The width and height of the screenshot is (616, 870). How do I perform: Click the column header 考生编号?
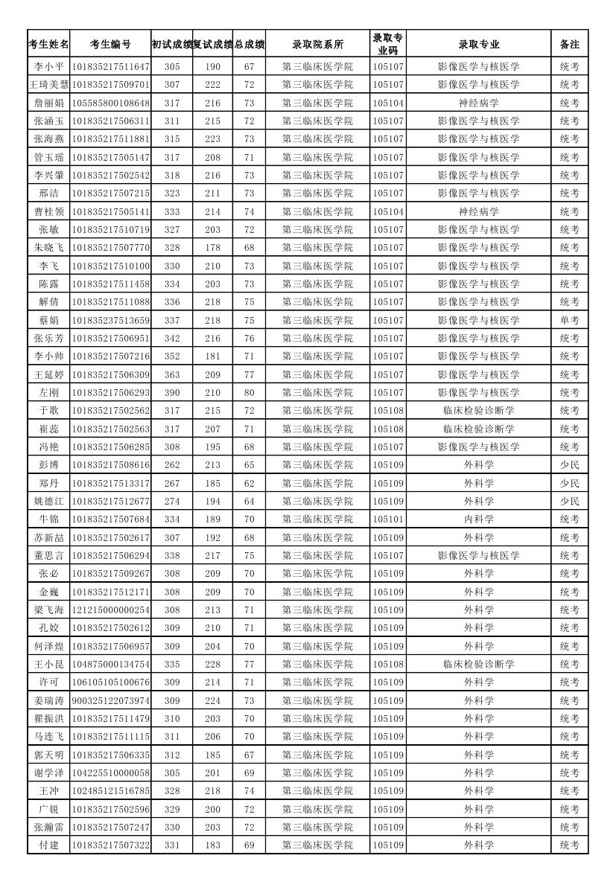pyautogui.click(x=110, y=44)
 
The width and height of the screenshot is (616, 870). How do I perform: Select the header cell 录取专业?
pyautogui.click(x=479, y=44)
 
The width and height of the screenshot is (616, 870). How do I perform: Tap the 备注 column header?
pyautogui.click(x=570, y=44)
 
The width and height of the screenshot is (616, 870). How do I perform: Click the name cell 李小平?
pyautogui.click(x=48, y=66)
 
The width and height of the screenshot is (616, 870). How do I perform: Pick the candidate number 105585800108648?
pyautogui.click(x=110, y=103)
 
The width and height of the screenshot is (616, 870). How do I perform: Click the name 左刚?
pyautogui.click(x=48, y=392)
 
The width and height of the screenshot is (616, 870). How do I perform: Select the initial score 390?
pyautogui.click(x=172, y=392)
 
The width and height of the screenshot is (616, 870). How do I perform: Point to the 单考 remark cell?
pyautogui.click(x=570, y=320)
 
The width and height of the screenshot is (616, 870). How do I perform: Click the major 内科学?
pyautogui.click(x=479, y=519)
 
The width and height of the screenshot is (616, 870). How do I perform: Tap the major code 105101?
pyautogui.click(x=388, y=519)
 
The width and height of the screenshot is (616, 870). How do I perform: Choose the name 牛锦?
pyautogui.click(x=48, y=519)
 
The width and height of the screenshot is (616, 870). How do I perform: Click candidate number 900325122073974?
pyautogui.click(x=110, y=700)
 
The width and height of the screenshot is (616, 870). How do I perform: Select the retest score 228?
pyautogui.click(x=212, y=664)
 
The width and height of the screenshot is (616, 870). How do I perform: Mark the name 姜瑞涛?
pyautogui.click(x=48, y=700)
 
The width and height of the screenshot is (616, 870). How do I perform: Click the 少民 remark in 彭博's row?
pyautogui.click(x=570, y=464)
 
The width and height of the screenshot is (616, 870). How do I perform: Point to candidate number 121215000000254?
pyautogui.click(x=110, y=610)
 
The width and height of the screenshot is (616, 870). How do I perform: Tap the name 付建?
pyautogui.click(x=48, y=845)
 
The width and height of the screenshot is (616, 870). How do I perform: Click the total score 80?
pyautogui.click(x=249, y=392)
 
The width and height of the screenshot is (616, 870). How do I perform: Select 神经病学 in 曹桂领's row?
pyautogui.click(x=479, y=211)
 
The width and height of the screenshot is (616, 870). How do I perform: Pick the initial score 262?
pyautogui.click(x=172, y=464)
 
